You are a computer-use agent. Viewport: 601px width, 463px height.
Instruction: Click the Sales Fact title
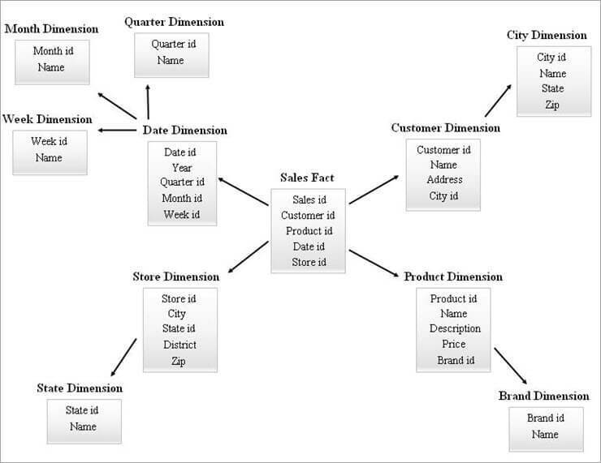pyautogui.click(x=307, y=178)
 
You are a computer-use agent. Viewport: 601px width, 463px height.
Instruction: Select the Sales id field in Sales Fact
pyautogui.click(x=309, y=199)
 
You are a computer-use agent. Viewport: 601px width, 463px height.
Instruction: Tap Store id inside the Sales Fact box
pyautogui.click(x=309, y=262)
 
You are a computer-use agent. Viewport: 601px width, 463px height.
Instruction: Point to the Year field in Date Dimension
pyautogui.click(x=181, y=168)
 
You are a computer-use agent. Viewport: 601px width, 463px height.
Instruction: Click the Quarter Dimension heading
pyautogui.click(x=174, y=22)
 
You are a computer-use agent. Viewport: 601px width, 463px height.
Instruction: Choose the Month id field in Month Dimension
pyautogui.click(x=53, y=51)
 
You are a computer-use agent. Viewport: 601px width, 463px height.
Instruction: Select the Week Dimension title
pyautogui.click(x=47, y=119)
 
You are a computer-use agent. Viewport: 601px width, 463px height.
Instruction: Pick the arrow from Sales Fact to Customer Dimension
pyautogui.click(x=375, y=188)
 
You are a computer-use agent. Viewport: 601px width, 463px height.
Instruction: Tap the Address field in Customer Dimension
pyautogui.click(x=444, y=180)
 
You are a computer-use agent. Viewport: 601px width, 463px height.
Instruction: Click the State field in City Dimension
pyautogui.click(x=552, y=88)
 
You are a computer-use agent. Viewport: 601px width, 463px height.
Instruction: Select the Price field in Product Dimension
pyautogui.click(x=454, y=345)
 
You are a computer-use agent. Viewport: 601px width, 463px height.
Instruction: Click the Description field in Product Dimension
pyautogui.click(x=455, y=328)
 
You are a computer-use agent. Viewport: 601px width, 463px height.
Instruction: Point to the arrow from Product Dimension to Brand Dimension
pyautogui.click(x=510, y=367)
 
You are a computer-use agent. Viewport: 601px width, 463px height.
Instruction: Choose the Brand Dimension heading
pyautogui.click(x=543, y=396)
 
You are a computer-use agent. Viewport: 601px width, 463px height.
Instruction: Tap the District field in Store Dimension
pyautogui.click(x=179, y=345)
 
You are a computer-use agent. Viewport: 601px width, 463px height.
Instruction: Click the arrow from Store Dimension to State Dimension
pyautogui.click(x=123, y=356)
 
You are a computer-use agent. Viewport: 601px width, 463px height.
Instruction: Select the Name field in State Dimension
pyautogui.click(x=82, y=427)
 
